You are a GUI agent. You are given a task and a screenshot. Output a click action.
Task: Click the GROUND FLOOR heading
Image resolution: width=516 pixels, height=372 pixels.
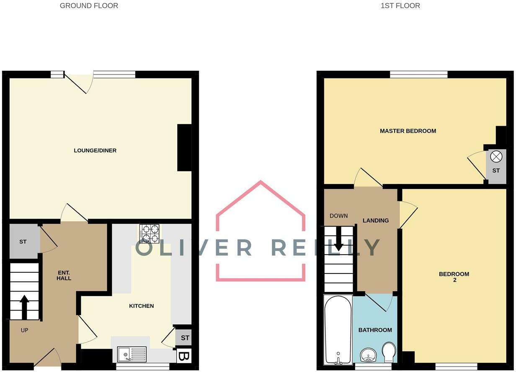pyautogui.click(x=89, y=6)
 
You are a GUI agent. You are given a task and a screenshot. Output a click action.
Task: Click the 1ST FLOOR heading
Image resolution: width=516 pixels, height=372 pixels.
pyautogui.click(x=400, y=6)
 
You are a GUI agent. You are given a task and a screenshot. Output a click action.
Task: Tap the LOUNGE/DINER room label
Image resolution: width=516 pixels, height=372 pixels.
pyautogui.click(x=95, y=150)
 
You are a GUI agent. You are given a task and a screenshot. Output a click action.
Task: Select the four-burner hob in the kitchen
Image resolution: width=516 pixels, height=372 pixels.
pyautogui.click(x=150, y=234)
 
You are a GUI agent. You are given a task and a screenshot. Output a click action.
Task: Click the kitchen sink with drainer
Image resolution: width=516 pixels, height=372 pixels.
pyautogui.click(x=132, y=354)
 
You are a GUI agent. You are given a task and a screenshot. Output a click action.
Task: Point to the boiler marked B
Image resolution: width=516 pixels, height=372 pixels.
pyautogui.click(x=184, y=356)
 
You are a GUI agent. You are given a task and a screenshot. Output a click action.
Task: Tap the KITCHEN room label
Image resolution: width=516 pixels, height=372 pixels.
pyautogui.click(x=141, y=306)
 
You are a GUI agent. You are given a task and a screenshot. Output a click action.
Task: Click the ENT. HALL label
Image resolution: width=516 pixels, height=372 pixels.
pyautogui.click(x=64, y=275)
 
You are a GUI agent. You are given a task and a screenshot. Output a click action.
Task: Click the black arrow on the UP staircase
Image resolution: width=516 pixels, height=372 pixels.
pyautogui.click(x=24, y=307)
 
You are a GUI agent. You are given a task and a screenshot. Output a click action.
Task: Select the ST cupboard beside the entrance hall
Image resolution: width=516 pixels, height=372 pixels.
pyautogui.click(x=23, y=242)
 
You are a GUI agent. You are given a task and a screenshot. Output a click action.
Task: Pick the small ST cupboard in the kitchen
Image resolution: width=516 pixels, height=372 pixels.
pyautogui.click(x=185, y=338)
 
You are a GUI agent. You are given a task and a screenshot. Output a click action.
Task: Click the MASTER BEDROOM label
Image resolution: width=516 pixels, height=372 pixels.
pyautogui.click(x=408, y=131)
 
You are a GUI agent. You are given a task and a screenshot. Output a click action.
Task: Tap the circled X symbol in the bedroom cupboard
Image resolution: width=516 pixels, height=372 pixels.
pyautogui.click(x=496, y=157)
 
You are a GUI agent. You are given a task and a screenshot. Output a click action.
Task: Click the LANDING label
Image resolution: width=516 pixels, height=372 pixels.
pyautogui.click(x=376, y=220)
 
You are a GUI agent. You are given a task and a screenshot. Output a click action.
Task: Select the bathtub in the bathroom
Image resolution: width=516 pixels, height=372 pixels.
pyautogui.click(x=338, y=329)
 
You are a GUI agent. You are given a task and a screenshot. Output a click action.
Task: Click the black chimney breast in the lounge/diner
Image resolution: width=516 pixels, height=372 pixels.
pyautogui.click(x=184, y=147)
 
